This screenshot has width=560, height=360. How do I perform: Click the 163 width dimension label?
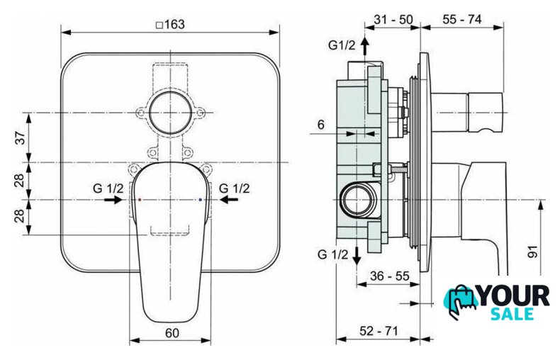pos(171,25)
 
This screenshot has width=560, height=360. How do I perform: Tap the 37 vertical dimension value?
pos(21,138)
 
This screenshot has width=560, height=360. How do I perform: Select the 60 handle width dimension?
pos(172,333)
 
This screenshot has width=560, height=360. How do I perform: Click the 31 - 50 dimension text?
pos(393,19)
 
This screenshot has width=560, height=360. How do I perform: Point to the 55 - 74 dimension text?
pos(462,19)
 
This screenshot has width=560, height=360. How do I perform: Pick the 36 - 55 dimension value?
pos(390,276)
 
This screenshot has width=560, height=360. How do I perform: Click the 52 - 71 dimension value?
pos(379,331)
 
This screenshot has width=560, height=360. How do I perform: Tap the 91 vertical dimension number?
pos(532,252)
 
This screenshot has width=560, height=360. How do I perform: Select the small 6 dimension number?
pos(321,125)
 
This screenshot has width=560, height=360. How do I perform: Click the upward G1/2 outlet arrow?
pos(364,46)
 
